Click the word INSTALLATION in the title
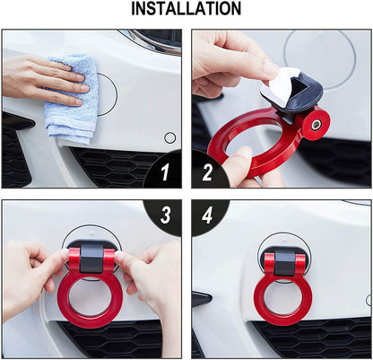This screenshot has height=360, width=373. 186,10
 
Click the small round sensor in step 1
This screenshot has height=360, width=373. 169,138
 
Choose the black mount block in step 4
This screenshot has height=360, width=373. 283,260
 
